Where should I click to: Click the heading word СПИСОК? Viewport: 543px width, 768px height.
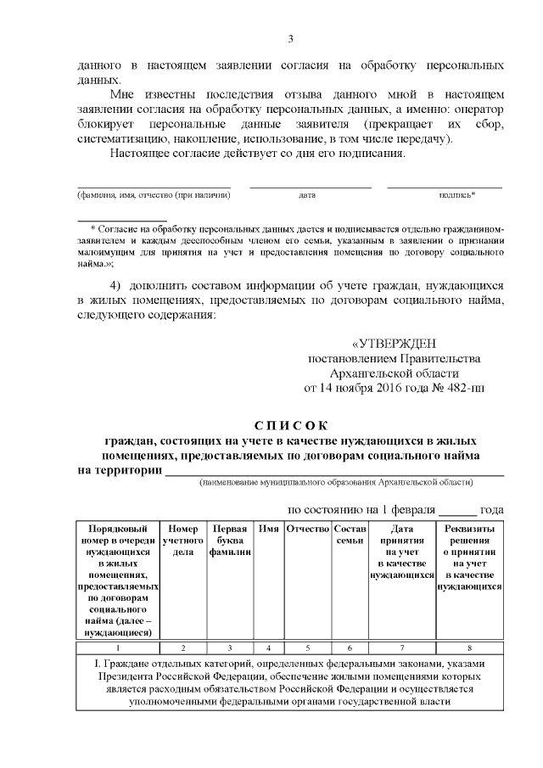(290, 425)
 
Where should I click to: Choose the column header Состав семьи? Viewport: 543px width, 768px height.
(350, 535)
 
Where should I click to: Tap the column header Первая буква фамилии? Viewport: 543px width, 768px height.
(230, 541)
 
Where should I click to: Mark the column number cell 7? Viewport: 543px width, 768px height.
(402, 647)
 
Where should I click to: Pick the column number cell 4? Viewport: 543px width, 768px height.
(269, 647)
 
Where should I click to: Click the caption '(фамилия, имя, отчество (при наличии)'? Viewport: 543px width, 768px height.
(154, 195)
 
